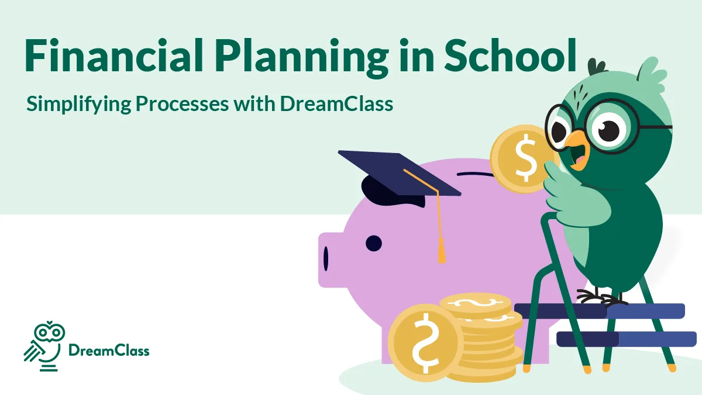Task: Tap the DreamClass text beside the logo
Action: click(109, 351)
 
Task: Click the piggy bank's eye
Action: click(373, 242)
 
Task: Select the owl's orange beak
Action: click(576, 150)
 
